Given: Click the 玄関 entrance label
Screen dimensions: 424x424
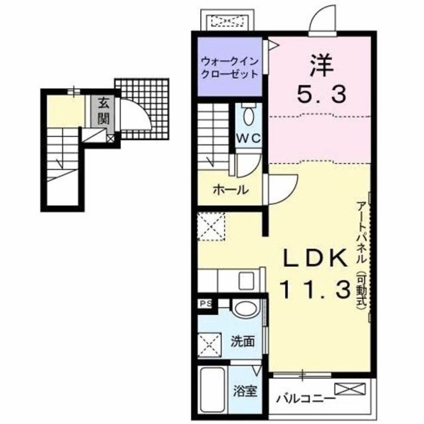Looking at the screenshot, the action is pyautogui.click(x=103, y=111).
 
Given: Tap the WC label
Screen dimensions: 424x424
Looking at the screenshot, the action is pyautogui.click(x=249, y=138).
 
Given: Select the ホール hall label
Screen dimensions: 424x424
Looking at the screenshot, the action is pyautogui.click(x=231, y=190).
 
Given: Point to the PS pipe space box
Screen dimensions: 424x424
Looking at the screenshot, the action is pyautogui.click(x=206, y=304).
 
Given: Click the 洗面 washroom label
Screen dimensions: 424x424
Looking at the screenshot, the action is pyautogui.click(x=243, y=342).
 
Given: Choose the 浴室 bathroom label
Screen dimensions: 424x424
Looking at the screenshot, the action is pyautogui.click(x=245, y=391).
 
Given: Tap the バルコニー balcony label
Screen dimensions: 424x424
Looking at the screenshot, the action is pyautogui.click(x=305, y=399).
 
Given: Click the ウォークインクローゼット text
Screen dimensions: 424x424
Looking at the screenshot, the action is pyautogui.click(x=230, y=67).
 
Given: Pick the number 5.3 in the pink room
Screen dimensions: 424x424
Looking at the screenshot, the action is pyautogui.click(x=322, y=94).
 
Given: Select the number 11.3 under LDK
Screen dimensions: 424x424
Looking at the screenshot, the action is pyautogui.click(x=315, y=289).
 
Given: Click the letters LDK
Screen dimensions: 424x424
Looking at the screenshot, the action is pyautogui.click(x=315, y=259).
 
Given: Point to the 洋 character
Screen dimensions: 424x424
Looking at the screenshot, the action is pyautogui.click(x=322, y=66).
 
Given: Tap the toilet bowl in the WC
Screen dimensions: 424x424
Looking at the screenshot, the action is pyautogui.click(x=249, y=115).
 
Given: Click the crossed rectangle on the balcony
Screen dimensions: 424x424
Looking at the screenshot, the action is pyautogui.click(x=350, y=389).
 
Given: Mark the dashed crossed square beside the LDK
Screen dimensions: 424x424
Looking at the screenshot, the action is pyautogui.click(x=211, y=227).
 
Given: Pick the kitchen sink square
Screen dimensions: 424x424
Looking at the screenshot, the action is pyautogui.click(x=246, y=281).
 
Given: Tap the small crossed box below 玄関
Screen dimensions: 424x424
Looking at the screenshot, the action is pyautogui.click(x=111, y=139).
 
